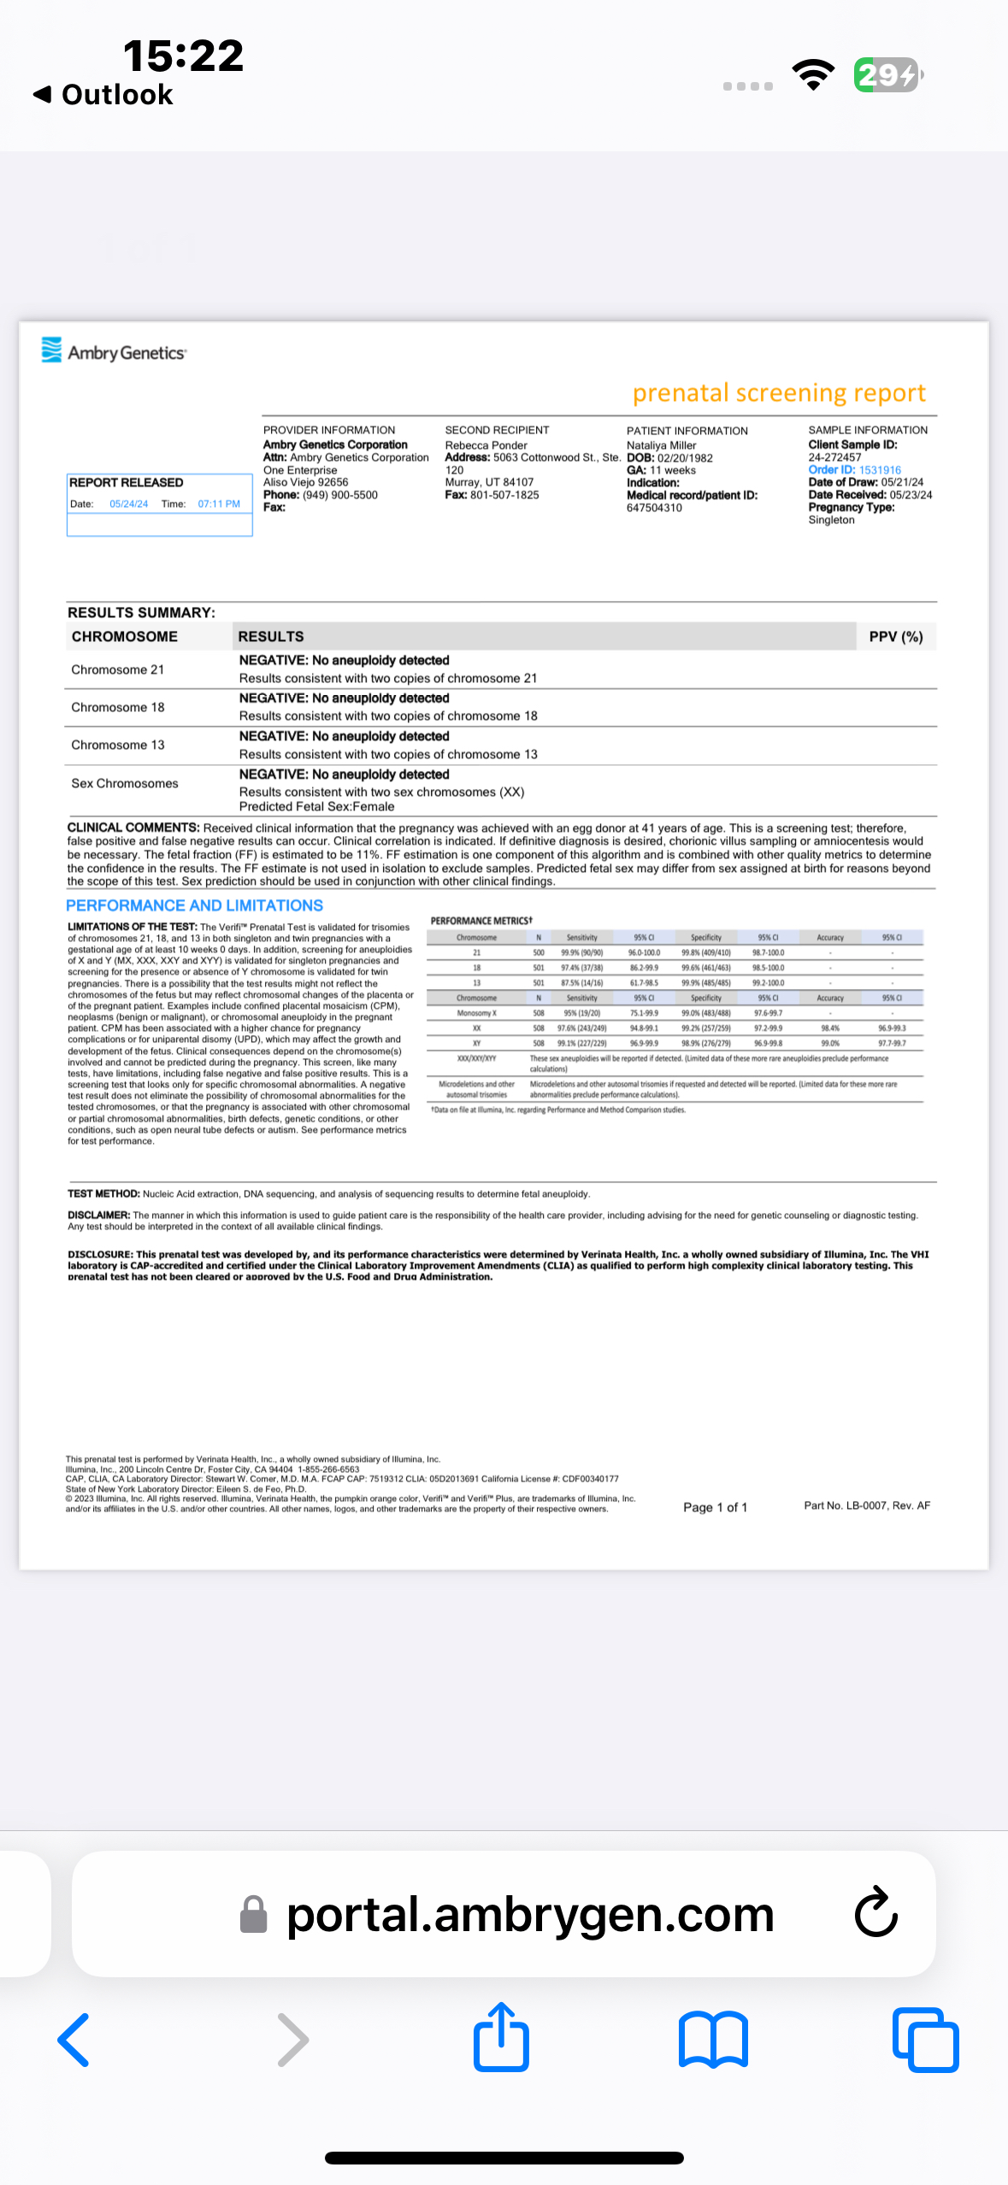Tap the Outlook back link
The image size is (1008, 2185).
(103, 94)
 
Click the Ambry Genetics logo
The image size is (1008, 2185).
(114, 351)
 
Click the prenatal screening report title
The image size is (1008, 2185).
(778, 392)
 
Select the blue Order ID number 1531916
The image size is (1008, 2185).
(880, 470)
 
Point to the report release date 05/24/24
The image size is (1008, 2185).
(128, 504)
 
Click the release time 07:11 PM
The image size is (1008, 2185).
(219, 504)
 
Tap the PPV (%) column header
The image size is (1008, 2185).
(895, 637)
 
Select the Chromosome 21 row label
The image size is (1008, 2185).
(118, 670)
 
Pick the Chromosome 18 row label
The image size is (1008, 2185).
(118, 708)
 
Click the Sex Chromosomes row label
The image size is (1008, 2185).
(125, 784)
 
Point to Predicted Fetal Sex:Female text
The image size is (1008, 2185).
(316, 807)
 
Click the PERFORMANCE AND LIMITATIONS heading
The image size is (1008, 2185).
(194, 906)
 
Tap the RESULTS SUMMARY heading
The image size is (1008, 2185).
(141, 613)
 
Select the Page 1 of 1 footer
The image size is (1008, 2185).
(715, 1507)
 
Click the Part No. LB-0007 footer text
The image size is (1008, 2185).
(866, 1505)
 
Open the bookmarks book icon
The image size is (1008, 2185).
(713, 2039)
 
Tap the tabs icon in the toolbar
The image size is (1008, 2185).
(925, 2039)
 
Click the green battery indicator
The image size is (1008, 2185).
(887, 75)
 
